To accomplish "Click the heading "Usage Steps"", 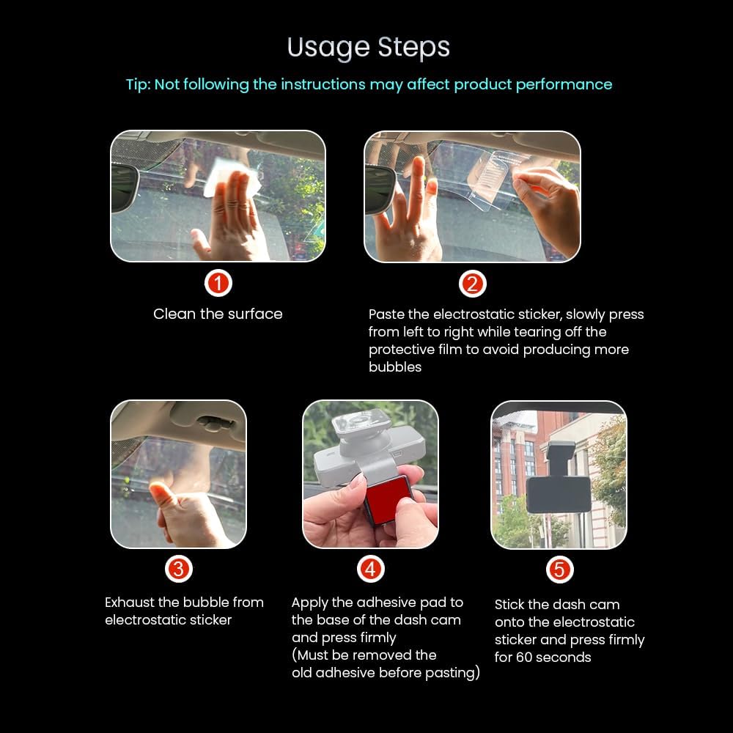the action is (369, 48).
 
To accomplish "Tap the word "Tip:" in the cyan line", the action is (139, 84).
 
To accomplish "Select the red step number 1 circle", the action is (218, 283).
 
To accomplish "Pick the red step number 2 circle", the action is (472, 284).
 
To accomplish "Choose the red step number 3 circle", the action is (179, 569).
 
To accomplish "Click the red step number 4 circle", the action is (371, 569).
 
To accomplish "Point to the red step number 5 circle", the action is (559, 570).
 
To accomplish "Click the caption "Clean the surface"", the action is (218, 314).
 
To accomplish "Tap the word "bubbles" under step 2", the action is (395, 367).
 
